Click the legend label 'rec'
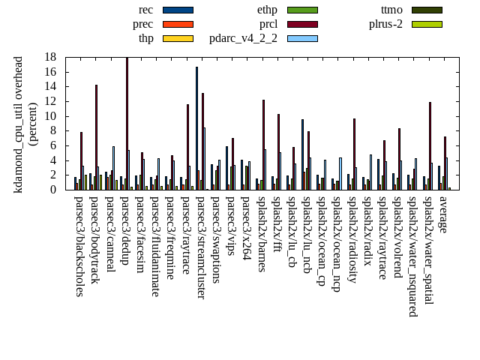[146, 10]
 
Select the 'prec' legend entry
[142, 24]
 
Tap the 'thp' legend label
[145, 38]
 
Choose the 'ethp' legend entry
[267, 10]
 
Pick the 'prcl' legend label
[268, 24]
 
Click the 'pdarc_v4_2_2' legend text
[243, 38]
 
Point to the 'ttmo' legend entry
[391, 10]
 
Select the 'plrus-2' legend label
[385, 24]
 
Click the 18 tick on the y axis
[50, 57]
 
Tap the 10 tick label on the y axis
[50, 116]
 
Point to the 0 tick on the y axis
[53, 190]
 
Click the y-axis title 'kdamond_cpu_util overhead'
[19, 124]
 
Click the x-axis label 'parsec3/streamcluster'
[200, 247]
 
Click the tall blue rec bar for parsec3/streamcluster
[196, 128]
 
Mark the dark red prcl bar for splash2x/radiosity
[354, 154]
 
